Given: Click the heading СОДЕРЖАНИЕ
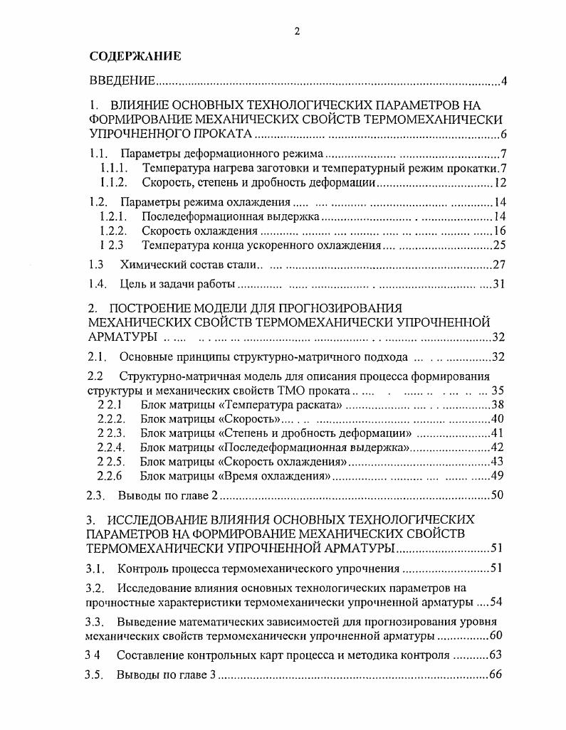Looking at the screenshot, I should pyautogui.click(x=135, y=55).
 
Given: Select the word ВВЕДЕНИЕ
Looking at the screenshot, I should pyautogui.click(x=122, y=82).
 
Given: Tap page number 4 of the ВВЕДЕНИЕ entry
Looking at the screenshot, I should pyautogui.click(x=503, y=82).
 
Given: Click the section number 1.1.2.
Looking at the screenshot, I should pyautogui.click(x=113, y=183).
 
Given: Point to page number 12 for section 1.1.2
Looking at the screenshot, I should pyautogui.click(x=499, y=183).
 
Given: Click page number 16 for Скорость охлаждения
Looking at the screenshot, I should pyautogui.click(x=499, y=231).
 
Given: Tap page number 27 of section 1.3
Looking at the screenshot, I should pyautogui.click(x=499, y=265).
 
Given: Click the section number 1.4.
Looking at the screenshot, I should pyautogui.click(x=98, y=285).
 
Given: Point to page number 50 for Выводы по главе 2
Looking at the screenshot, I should pyautogui.click(x=498, y=495).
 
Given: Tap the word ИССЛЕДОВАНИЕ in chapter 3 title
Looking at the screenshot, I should pyautogui.click(x=157, y=519).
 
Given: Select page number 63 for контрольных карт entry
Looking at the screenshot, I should pyautogui.click(x=496, y=655).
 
